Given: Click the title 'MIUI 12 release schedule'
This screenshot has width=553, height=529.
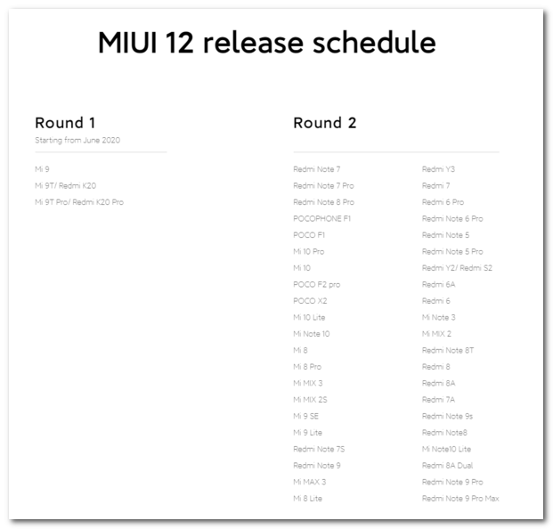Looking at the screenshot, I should click(x=266, y=44).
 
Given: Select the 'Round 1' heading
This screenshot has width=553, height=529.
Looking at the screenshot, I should click(x=65, y=123).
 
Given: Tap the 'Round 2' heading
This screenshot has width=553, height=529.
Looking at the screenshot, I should click(x=324, y=123).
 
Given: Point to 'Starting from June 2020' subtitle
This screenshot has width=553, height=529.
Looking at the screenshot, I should click(x=77, y=140).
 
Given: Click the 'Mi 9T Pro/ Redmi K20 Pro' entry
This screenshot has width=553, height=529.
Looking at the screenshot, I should click(x=79, y=202).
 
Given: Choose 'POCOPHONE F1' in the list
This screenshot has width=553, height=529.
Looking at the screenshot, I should click(x=322, y=218).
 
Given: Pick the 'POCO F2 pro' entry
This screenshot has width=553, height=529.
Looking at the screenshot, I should click(x=316, y=284).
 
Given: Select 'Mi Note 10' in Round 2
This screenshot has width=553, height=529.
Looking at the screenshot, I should click(x=311, y=334).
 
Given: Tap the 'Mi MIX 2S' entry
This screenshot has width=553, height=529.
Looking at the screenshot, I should click(x=310, y=400).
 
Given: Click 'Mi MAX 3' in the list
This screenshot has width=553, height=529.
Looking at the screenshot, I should click(x=309, y=482).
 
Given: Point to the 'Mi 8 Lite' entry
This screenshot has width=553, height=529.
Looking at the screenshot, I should click(x=307, y=499).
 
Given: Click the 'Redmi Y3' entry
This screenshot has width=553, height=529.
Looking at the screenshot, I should click(x=438, y=169).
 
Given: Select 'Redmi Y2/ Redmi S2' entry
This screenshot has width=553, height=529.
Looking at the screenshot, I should click(x=457, y=268).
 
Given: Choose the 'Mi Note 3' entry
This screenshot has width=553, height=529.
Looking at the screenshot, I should click(x=438, y=317).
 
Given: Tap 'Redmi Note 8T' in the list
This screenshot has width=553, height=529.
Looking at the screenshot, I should click(x=448, y=350).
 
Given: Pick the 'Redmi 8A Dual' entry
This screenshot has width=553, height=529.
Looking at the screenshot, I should click(x=447, y=466).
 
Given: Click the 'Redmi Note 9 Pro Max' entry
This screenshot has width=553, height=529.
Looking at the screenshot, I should click(x=460, y=499).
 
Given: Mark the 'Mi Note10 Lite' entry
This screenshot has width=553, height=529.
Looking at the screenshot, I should click(x=446, y=449).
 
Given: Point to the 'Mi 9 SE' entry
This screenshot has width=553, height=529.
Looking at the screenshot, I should click(x=305, y=416).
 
